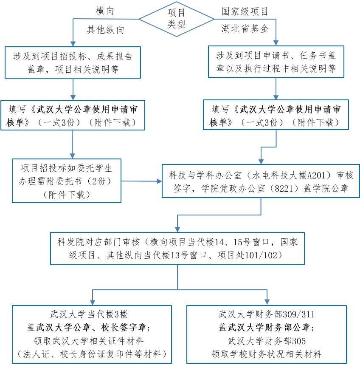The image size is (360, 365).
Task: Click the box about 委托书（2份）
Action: pyautogui.click(x=67, y=180)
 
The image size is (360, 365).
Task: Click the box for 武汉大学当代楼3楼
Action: pyautogui.click(x=92, y=334)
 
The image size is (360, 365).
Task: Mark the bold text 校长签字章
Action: pyautogui.click(x=124, y=328)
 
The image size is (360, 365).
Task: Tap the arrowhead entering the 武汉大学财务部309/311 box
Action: pyautogui.click(x=267, y=300)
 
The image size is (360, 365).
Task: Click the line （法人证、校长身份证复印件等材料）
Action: pyautogui.click(x=92, y=354)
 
